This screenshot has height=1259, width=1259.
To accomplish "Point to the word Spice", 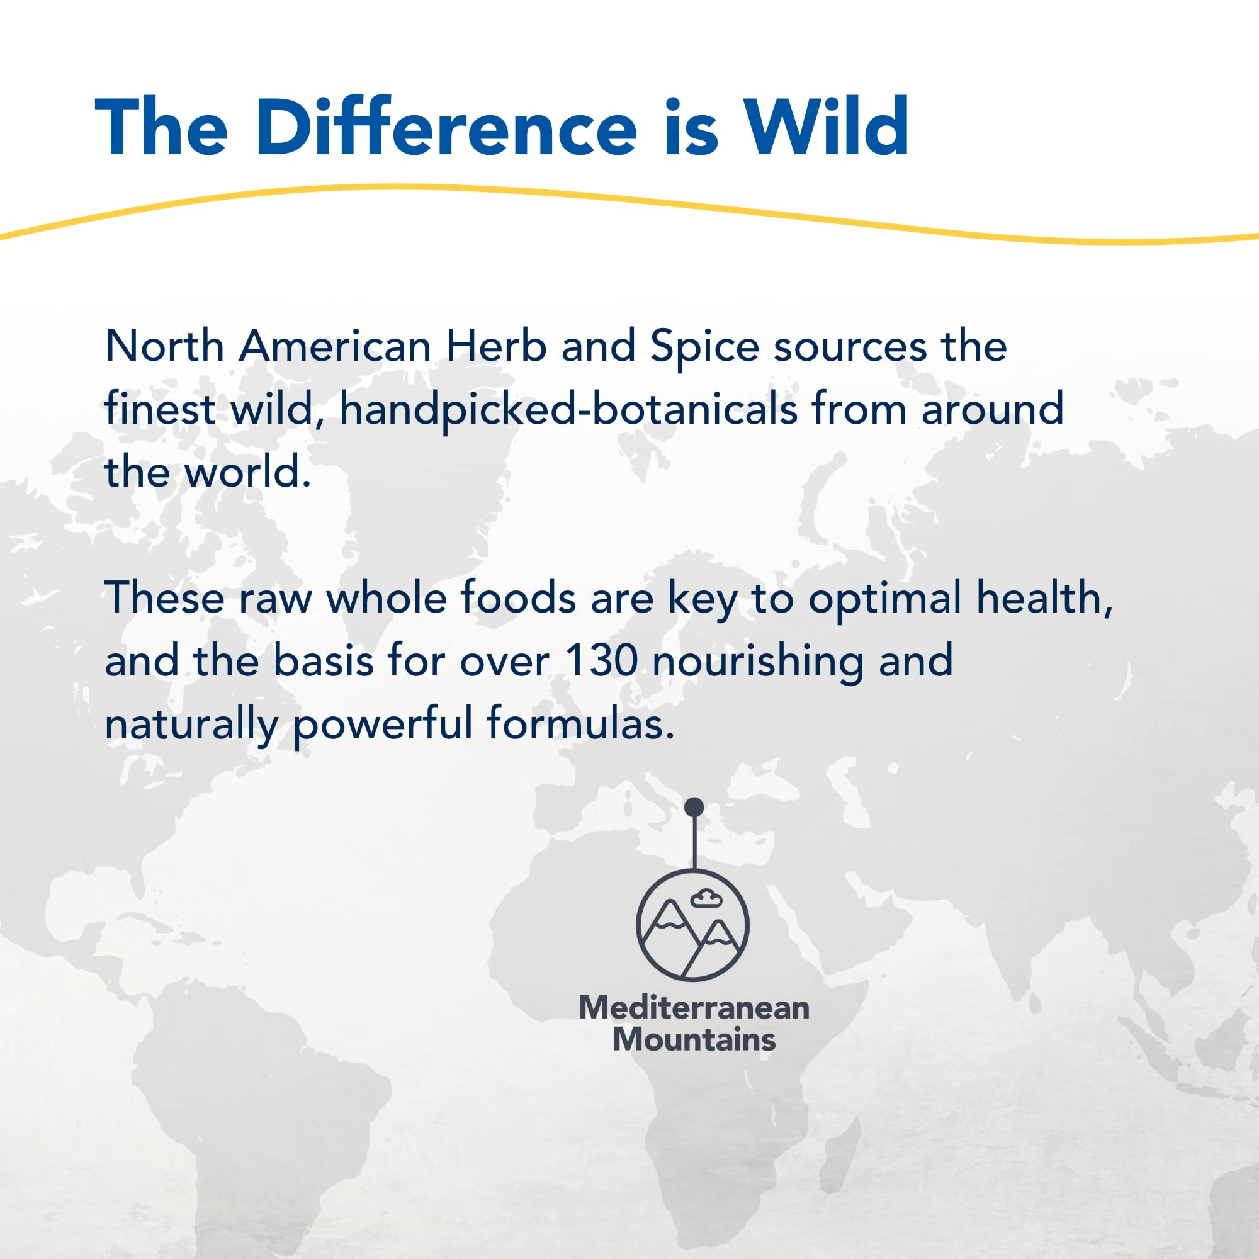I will click(x=704, y=347).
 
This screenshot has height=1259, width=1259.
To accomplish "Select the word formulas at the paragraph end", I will click(x=579, y=723).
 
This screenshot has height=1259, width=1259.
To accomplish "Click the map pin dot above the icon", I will click(x=694, y=807).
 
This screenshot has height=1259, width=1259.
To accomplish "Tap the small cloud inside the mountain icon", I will click(x=706, y=900).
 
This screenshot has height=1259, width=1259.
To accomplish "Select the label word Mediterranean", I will click(x=694, y=1007).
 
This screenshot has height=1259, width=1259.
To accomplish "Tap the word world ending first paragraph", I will click(x=247, y=473).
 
